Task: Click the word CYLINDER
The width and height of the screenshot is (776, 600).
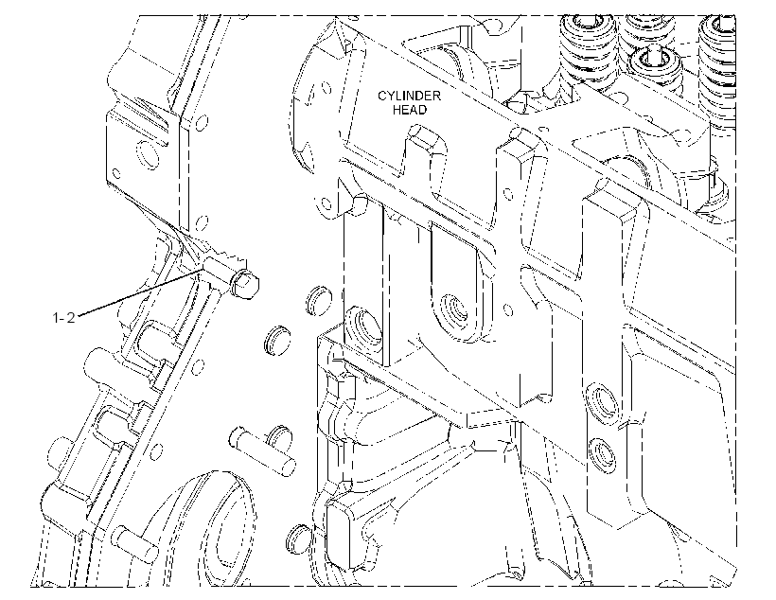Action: [409, 96]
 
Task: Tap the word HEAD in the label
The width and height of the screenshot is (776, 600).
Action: [409, 110]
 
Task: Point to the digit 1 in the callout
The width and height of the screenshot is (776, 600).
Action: [56, 317]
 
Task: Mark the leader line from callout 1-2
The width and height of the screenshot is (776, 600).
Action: [141, 291]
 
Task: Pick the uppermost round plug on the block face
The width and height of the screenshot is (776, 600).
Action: [318, 300]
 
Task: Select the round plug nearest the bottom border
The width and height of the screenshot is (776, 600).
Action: [297, 538]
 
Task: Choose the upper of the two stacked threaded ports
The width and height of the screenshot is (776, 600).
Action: [601, 400]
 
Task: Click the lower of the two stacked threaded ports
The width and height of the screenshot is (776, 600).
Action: [602, 454]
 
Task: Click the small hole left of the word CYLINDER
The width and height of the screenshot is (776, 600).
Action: [326, 89]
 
